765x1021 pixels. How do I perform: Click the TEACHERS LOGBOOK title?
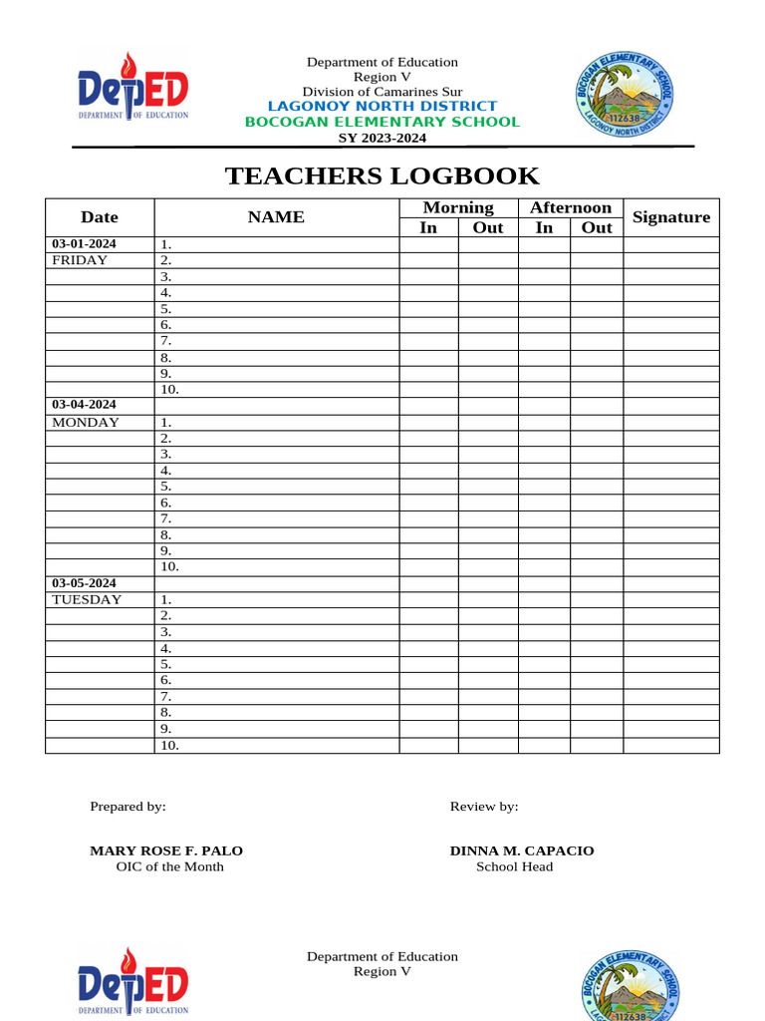(x=382, y=176)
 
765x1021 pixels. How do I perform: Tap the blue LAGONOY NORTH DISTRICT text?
(x=382, y=106)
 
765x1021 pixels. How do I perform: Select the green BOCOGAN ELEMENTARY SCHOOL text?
(x=382, y=122)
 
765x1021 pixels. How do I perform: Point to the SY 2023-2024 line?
(x=382, y=138)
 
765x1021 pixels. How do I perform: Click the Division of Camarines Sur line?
(x=382, y=92)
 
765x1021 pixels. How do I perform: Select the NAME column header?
(x=276, y=217)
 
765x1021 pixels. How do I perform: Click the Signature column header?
(x=671, y=217)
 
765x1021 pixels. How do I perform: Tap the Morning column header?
(x=458, y=207)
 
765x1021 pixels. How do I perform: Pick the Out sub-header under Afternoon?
(x=597, y=227)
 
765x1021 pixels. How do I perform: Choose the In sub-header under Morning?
(x=428, y=227)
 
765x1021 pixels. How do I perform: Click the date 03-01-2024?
(x=85, y=243)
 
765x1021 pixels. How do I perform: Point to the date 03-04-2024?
(x=85, y=405)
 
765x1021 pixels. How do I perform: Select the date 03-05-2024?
(x=85, y=583)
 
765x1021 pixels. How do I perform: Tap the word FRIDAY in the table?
(x=80, y=260)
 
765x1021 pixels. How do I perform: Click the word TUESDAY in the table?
(x=87, y=599)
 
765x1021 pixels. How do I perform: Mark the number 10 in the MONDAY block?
(x=169, y=567)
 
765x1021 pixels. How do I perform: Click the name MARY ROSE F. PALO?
(x=166, y=851)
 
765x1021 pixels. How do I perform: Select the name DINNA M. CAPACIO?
(x=522, y=851)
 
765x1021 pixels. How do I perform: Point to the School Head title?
(x=514, y=866)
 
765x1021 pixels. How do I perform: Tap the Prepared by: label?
(x=127, y=807)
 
